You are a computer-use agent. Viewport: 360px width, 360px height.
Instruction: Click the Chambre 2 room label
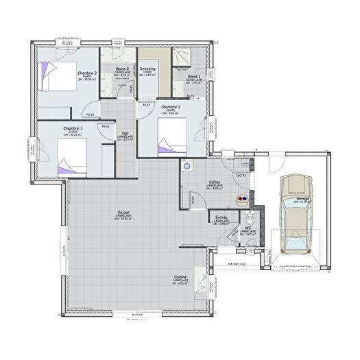(x=86, y=73)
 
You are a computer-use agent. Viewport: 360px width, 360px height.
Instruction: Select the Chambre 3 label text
(x=73, y=128)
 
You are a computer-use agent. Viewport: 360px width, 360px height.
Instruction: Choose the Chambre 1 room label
(x=171, y=108)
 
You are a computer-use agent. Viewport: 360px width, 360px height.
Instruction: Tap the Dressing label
(x=147, y=69)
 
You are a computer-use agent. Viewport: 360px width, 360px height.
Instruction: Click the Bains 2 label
(x=123, y=69)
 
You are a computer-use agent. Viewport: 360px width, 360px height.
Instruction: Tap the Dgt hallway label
(x=125, y=134)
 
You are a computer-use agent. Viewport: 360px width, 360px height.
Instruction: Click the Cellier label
(x=215, y=182)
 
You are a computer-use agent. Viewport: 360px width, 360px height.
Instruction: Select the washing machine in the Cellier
(x=187, y=167)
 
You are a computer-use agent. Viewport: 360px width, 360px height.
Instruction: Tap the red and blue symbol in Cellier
(x=241, y=200)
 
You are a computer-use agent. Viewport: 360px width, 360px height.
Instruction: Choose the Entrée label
(x=221, y=217)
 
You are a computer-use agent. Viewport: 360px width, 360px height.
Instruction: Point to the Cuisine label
(x=180, y=277)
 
